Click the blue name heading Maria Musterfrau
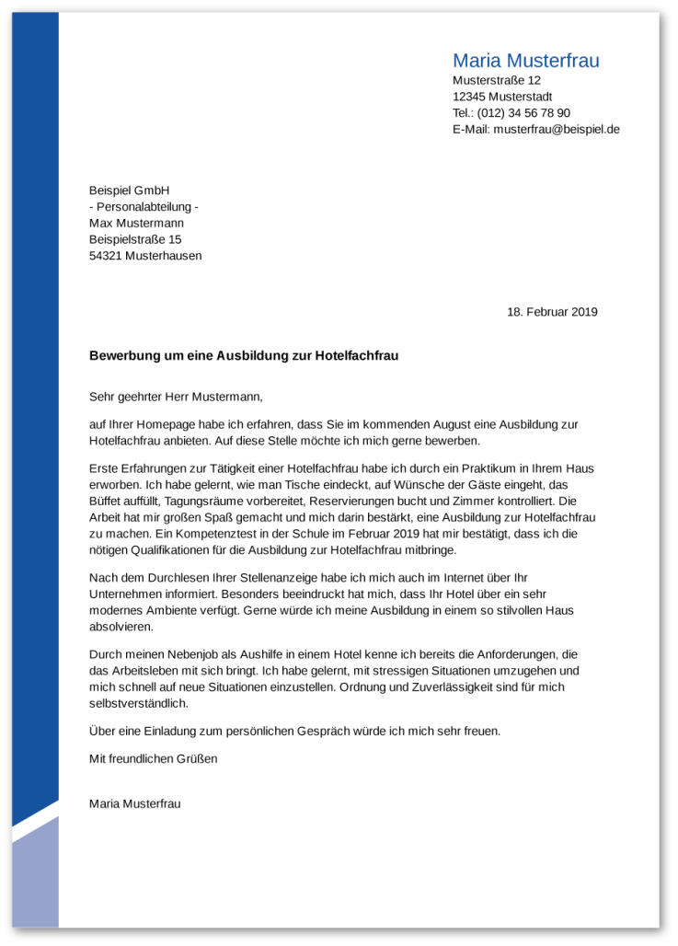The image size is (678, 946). [x=525, y=61]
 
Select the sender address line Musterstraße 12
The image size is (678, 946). [x=496, y=81]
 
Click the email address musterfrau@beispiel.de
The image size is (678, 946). [x=557, y=130]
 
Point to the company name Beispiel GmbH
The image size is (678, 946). [x=130, y=190]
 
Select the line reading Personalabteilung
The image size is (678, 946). [x=146, y=206]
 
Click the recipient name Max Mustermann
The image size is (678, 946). [x=136, y=223]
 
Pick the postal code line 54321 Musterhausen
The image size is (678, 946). [x=145, y=256]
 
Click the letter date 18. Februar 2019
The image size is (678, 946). [x=552, y=312]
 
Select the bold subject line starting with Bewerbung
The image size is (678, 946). [x=244, y=355]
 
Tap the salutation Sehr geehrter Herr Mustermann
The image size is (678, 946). [x=176, y=398]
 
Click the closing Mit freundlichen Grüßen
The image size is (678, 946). [x=153, y=759]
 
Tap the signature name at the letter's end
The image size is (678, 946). [x=134, y=803]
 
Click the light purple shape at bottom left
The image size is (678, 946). [x=35, y=879]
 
